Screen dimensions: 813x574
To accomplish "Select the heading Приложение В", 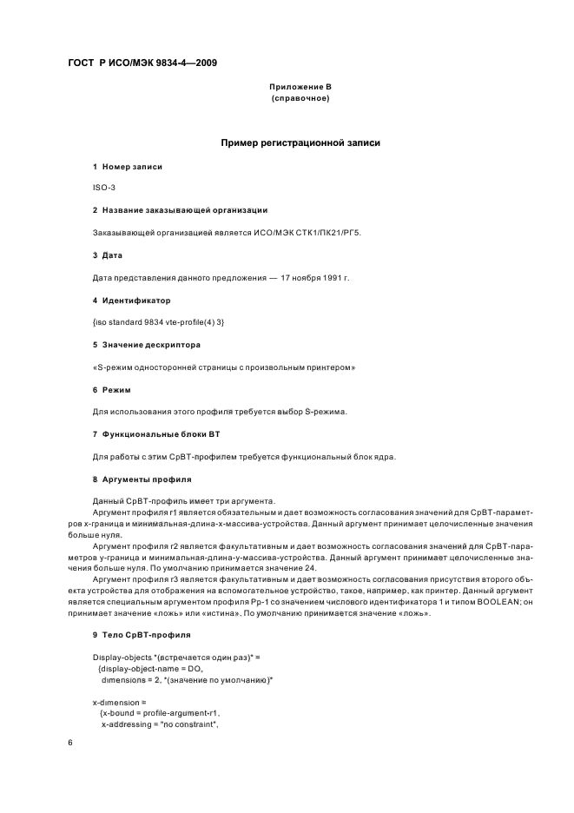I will click(300, 87).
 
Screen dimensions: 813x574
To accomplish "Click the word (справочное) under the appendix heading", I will click(300, 98).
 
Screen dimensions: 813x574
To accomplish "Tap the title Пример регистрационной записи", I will click(300, 142).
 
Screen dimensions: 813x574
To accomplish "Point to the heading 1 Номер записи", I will click(128, 166).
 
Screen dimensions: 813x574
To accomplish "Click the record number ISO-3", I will click(104, 188).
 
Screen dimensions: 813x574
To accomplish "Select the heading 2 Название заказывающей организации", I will click(180, 210).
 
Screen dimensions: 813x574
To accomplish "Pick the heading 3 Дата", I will click(108, 255).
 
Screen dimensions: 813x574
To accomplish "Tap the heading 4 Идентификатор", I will click(132, 300).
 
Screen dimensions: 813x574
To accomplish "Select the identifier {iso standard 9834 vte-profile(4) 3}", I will click(158, 322).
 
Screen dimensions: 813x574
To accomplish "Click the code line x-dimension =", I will click(120, 702).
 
